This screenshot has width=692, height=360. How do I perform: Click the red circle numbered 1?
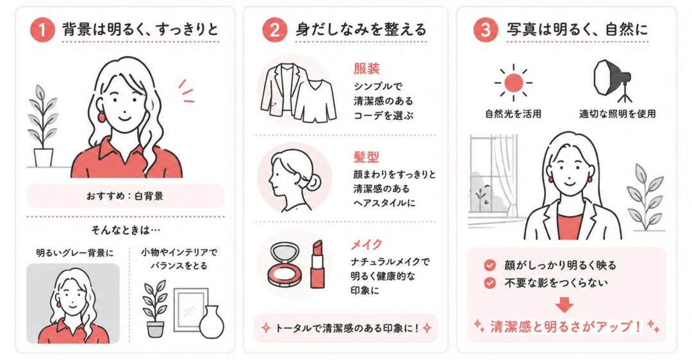click(x=42, y=30)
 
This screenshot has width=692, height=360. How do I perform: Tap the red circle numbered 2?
click(x=274, y=30)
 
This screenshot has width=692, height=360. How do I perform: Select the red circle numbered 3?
click(x=486, y=30)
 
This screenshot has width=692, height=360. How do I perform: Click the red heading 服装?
click(x=367, y=69)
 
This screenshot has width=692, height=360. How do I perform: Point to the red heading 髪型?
click(x=366, y=157)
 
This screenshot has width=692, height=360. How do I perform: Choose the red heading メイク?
click(x=367, y=244)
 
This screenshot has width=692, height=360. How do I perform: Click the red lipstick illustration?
click(x=317, y=264)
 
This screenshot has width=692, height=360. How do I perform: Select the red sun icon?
click(x=513, y=83)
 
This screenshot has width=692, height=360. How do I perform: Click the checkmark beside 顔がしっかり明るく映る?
click(x=490, y=265)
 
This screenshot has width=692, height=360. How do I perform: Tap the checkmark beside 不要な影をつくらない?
click(x=490, y=282)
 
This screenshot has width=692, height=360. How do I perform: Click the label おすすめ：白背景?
click(x=126, y=195)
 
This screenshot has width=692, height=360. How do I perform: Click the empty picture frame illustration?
click(x=190, y=309)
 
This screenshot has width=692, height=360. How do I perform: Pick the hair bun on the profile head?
click(x=313, y=181)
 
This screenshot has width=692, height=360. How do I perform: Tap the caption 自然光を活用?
click(x=513, y=114)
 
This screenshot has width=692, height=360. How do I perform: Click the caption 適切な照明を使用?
click(x=618, y=114)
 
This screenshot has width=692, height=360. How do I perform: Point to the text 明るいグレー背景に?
click(x=75, y=253)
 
